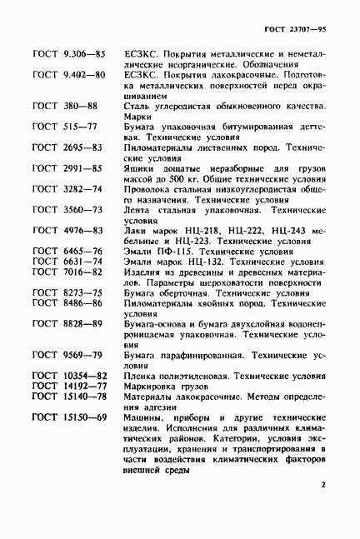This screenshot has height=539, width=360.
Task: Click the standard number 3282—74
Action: pos(82,189)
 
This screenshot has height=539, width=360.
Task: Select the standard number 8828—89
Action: pos(82,322)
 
